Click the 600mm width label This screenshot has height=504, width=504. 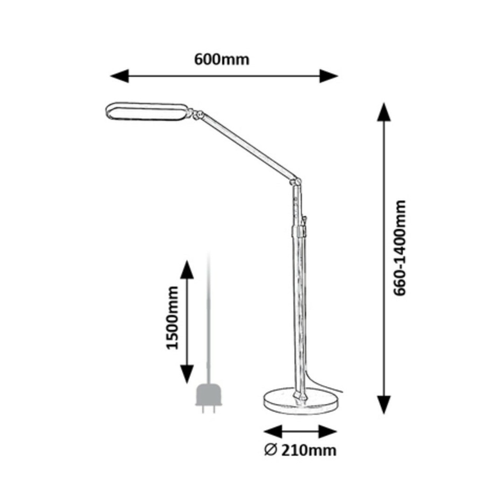point(222,60)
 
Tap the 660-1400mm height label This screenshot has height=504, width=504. point(400,248)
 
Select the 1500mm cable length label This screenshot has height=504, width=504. point(172,318)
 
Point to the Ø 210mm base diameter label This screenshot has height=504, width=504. point(300,450)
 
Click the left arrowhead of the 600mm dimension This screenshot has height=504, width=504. point(119,76)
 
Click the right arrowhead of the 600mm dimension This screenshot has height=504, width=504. point(329,76)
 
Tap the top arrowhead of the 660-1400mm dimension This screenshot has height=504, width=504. point(384,112)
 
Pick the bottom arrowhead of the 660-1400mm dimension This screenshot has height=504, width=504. point(384,405)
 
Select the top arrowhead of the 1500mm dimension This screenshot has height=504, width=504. point(187,269)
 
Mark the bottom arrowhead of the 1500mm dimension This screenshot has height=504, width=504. point(187,375)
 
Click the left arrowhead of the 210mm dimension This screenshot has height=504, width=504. point(273,431)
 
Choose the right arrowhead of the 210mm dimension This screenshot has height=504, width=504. point(327,431)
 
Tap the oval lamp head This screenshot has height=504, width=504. point(146,112)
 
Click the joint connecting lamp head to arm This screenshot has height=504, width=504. point(195,114)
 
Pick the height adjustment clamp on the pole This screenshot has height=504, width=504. point(298,231)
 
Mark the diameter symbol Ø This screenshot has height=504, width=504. point(270,450)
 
